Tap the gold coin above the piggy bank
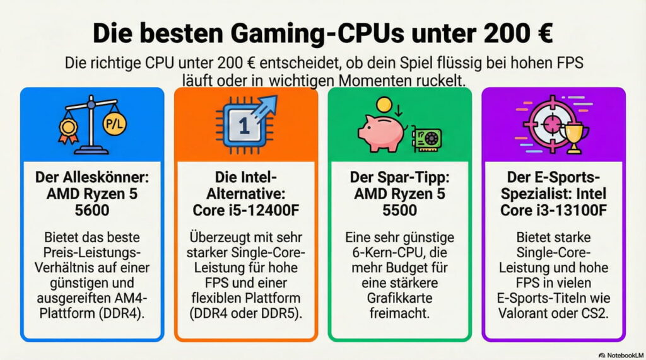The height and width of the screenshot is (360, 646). [384, 104]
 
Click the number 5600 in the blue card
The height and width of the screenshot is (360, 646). [92, 209]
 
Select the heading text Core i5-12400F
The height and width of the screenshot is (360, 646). [246, 209]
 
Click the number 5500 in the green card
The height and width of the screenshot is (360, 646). [400, 209]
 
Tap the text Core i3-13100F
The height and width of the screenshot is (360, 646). [554, 209]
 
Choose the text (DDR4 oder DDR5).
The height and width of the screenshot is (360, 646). [246, 312]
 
